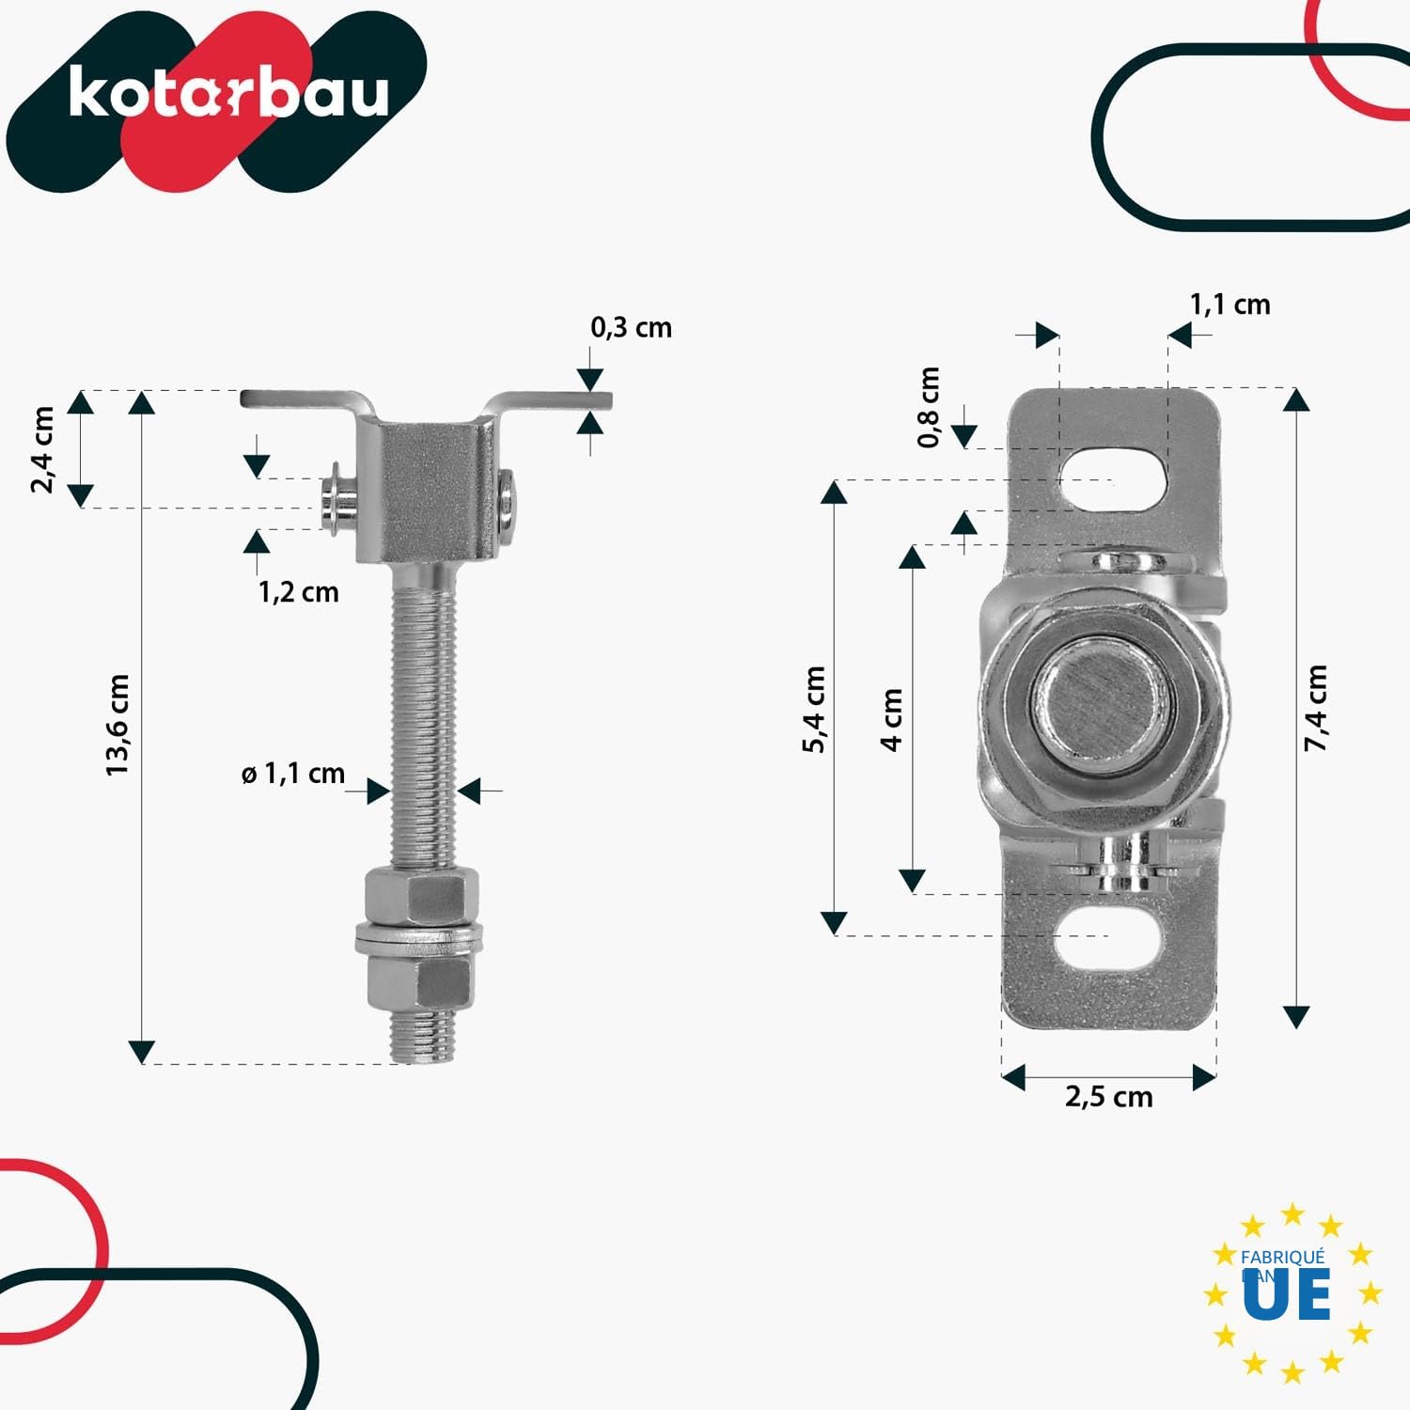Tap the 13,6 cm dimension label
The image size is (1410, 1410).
point(117,725)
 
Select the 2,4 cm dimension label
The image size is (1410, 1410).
point(42,449)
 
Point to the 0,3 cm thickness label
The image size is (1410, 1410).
point(631,327)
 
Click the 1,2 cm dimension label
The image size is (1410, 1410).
point(298,592)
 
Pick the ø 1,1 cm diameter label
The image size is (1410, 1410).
point(293,774)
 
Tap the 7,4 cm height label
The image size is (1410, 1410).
point(1315,708)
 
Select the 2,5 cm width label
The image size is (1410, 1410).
point(1108,1097)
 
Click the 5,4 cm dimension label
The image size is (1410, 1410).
point(814,709)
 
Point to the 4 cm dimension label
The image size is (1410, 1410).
point(891,720)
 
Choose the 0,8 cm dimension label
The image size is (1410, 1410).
point(928,407)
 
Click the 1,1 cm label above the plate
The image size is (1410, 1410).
point(1230,305)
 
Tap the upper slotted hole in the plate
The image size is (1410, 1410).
point(1113,479)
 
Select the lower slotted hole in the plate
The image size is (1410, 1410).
point(1109,936)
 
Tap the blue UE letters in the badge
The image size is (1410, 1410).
point(1287,1294)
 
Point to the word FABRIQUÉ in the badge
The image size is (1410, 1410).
point(1282,1257)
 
